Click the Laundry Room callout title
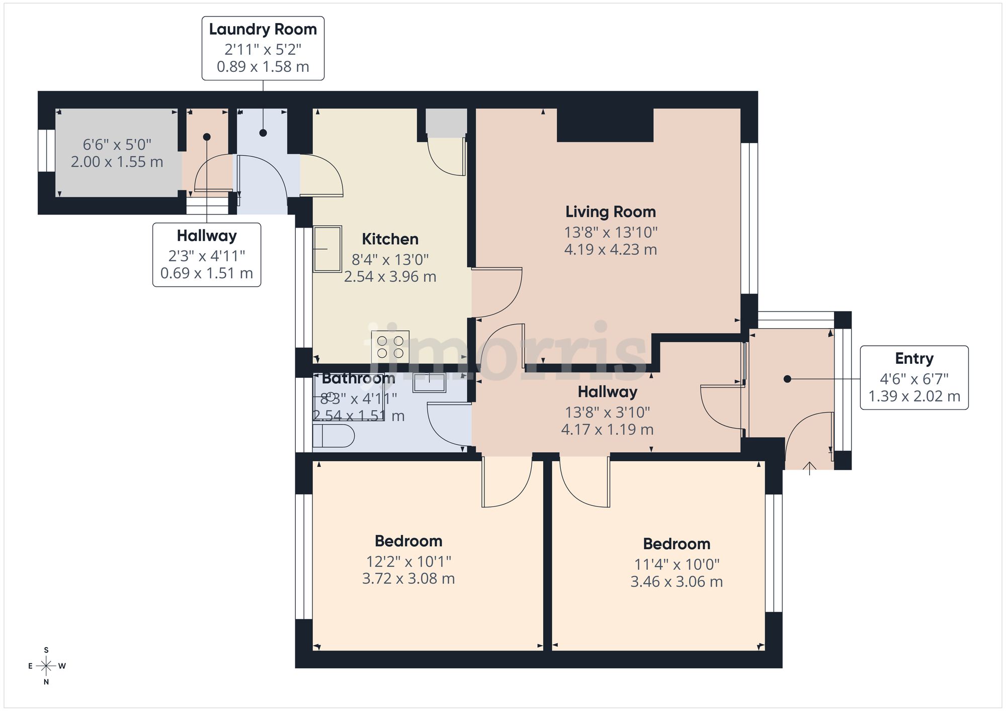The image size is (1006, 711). coord(263,30)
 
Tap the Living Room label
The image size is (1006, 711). coord(610,212)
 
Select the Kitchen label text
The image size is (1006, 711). coord(390,239)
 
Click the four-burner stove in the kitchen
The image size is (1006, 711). coord(390,346)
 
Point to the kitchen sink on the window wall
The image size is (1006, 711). coord(327,249)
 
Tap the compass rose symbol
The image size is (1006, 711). coord(47,666)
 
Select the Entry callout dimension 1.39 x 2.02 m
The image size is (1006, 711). coord(914,396)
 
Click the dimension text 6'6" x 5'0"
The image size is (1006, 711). coord(117,145)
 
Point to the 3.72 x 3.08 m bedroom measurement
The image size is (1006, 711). coord(408,579)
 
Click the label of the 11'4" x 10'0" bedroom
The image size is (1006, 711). coord(676,544)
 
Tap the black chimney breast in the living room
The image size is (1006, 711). coord(605,125)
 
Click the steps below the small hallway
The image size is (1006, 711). coord(207,206)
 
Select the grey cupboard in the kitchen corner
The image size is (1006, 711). coord(446,123)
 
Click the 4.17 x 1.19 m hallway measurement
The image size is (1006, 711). coord(607,430)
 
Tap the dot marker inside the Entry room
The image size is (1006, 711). coord(787,379)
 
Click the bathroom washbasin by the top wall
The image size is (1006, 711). coord(429,382)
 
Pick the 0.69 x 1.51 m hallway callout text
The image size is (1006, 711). coord(206,273)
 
